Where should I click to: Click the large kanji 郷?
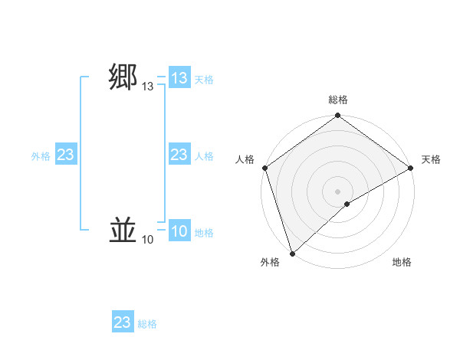(123, 78)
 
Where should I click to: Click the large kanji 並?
(123, 230)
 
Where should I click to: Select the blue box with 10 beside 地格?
(179, 231)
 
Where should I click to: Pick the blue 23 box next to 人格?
(179, 155)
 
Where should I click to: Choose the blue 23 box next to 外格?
(65, 155)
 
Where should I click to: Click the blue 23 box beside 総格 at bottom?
(123, 322)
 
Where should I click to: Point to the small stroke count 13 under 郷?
(147, 88)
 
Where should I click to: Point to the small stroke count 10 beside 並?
(147, 241)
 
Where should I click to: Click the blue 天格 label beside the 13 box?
(204, 79)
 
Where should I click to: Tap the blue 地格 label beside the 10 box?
(204, 232)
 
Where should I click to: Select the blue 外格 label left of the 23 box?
(41, 156)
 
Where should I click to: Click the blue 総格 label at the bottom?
(147, 324)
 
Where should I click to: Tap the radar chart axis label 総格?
(338, 100)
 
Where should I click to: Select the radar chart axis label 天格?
(431, 159)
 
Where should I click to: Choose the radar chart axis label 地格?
(402, 262)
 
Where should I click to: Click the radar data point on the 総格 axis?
(338, 116)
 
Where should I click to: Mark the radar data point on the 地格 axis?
(347, 204)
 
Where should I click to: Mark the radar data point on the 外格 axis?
(292, 254)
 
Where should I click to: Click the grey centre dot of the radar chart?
(338, 191)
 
